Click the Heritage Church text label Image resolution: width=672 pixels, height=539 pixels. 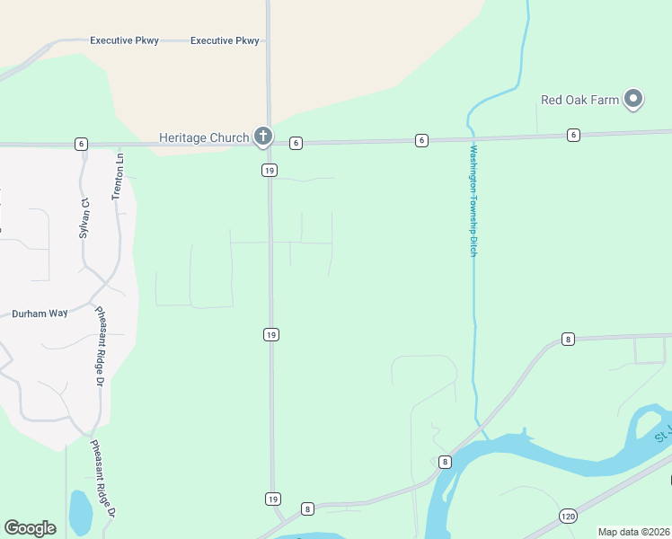coord(204,137)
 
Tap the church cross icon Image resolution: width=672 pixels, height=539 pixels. coord(262,137)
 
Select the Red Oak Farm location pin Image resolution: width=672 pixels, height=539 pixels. coord(633,99)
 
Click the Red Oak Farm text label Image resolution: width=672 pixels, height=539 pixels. coord(580,100)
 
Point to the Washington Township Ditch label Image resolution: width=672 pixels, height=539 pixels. coord(473,199)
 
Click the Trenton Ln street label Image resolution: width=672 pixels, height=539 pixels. coord(118,176)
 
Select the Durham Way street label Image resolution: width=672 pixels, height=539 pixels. coord(40,314)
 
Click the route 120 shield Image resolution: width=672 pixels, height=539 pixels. coord(568,516)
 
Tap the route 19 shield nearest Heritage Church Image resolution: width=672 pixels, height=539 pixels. coord(269,170)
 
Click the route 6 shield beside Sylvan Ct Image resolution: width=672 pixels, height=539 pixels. coord(81,144)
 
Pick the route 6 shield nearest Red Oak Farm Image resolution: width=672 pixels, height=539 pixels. coord(573,135)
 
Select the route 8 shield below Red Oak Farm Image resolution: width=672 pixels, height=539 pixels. coord(568,339)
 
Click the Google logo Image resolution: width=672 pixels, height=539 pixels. coord(31,527)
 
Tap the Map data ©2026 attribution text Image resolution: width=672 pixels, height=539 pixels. coord(633,532)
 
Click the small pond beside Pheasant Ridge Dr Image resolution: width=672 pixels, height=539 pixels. coord(80,512)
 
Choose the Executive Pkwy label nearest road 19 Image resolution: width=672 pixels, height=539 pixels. coord(225,40)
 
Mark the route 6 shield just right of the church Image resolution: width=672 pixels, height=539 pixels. coord(296,142)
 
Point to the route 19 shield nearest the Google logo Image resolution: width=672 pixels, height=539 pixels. coord(271,498)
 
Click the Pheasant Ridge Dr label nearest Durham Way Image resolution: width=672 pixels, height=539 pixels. coord(100,347)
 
